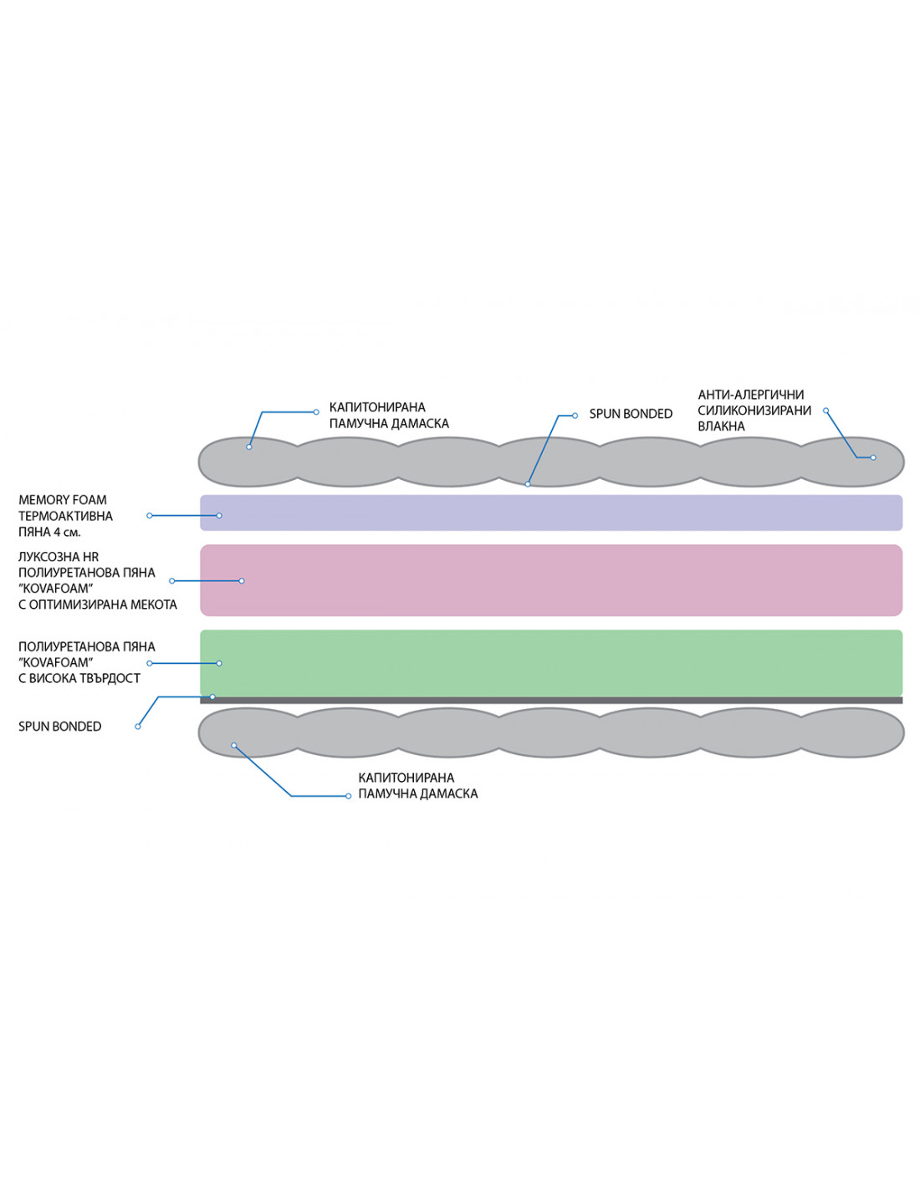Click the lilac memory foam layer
pos(552,513)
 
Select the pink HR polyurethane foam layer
pos(552,580)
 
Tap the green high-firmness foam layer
pos(552,662)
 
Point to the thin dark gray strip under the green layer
pos(552,701)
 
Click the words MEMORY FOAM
pos(63,500)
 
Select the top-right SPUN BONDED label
pos(631,414)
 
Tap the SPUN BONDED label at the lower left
pos(59,727)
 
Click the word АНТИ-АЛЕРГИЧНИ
pos(751,395)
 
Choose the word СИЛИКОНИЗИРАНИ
pos(754,411)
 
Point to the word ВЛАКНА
pos(721,426)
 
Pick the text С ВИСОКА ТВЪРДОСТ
pos(79,678)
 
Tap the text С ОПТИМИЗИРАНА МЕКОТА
pos(98,605)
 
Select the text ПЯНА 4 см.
pos(49,532)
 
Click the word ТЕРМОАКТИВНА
pos(65,516)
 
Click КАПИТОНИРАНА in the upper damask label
pos(377,407)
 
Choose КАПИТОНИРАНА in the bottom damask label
pos(406,778)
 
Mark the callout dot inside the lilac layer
pos(219,516)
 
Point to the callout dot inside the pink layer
pos(242,580)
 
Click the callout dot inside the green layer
pos(219,663)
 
